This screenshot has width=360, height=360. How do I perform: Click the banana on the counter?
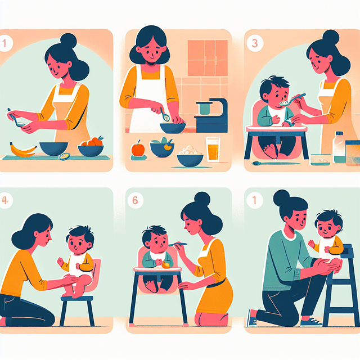coord(22,150)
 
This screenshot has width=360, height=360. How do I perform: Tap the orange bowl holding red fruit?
coord(91,149)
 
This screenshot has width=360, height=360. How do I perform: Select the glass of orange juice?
coord(212,150)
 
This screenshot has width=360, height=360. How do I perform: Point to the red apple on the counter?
coord(137,149)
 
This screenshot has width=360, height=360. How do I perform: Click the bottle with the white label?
coord(339,147)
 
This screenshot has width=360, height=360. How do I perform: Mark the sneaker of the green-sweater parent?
coord(312,321)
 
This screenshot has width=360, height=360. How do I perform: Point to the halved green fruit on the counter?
coord(63,157)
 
